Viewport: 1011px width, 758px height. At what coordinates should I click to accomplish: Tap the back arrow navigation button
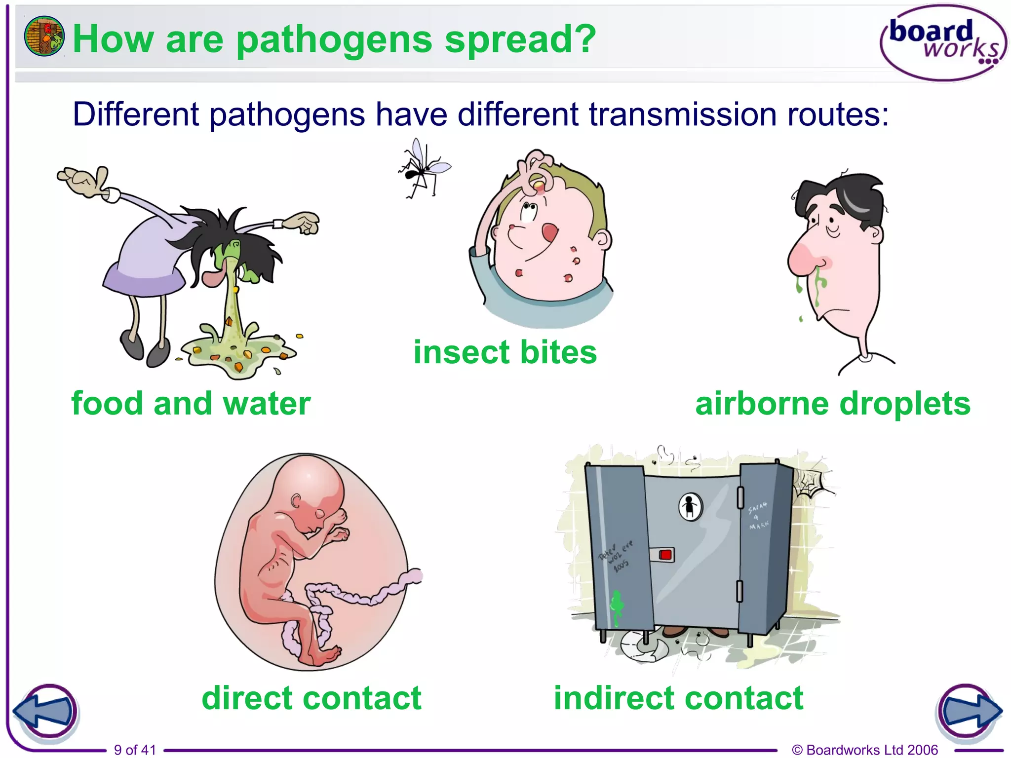point(45,712)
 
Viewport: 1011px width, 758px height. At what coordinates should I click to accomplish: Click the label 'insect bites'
point(505,352)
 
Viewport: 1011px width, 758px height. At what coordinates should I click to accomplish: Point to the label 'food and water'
point(191,404)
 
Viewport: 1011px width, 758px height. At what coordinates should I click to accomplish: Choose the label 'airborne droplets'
point(833,404)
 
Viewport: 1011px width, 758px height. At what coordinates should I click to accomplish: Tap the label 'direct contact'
point(311,698)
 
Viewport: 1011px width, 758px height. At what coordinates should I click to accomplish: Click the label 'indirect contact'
point(678,698)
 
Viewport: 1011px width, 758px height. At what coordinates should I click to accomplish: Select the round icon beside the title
point(44,36)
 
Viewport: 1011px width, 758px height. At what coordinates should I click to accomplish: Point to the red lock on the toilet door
point(665,555)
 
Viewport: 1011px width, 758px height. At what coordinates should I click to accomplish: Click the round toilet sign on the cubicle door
point(690,506)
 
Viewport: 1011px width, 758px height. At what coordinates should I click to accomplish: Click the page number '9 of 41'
point(135,750)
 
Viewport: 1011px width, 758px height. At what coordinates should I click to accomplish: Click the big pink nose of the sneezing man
point(804,254)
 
